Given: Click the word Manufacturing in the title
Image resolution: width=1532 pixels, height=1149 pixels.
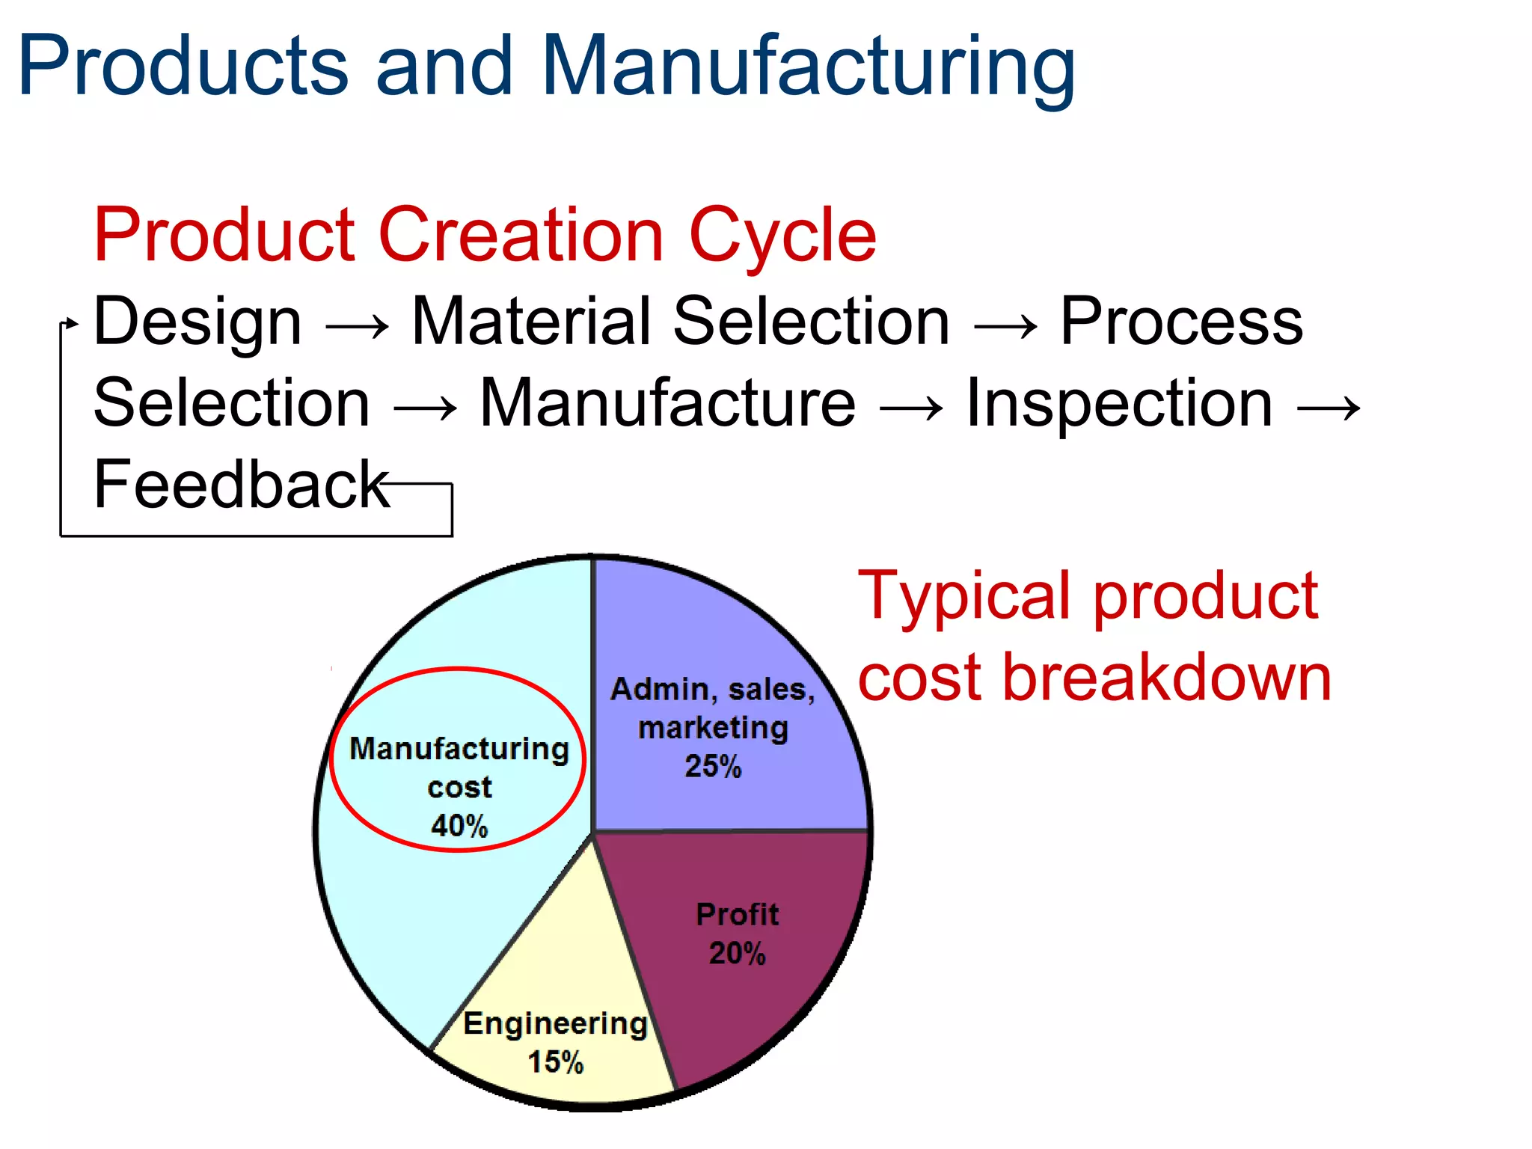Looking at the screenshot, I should coord(808,67).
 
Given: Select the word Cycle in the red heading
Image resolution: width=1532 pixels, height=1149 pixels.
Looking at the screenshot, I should coord(782,236).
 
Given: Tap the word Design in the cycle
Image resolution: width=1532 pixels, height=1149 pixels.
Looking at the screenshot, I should coord(197,322).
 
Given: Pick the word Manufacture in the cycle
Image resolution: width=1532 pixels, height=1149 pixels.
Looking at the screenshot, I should coord(667,404).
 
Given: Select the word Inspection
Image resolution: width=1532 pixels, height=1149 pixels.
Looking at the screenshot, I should coord(1119,404).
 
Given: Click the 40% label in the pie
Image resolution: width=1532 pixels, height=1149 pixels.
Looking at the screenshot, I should coord(459,826).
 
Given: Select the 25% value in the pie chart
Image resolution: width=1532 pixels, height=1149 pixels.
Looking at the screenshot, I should coord(713,766).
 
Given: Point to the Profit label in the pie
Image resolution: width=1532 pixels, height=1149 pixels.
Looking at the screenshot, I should coord(737,914).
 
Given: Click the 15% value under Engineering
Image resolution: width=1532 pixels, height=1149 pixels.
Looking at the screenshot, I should coord(555,1061).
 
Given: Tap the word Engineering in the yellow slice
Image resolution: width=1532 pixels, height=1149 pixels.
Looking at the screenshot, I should coord(555,1023).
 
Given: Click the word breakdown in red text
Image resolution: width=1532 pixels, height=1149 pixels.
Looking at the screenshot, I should coord(1167,678).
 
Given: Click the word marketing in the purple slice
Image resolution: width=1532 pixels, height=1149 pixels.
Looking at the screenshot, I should coord(713,728).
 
